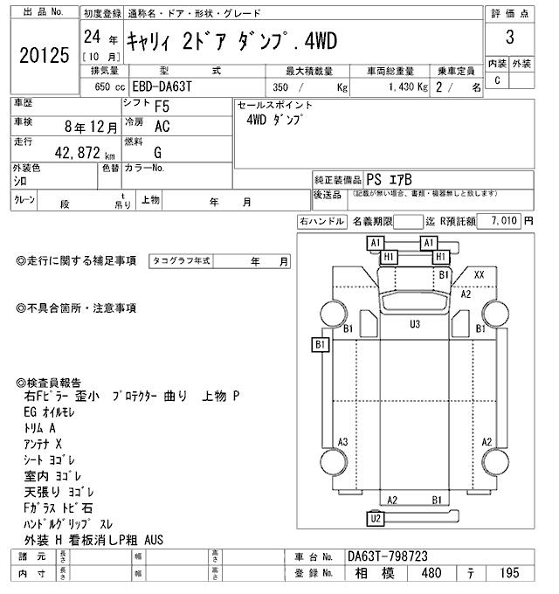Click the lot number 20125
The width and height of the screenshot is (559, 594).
coord(43,54)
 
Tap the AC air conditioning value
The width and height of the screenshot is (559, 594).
coord(162,127)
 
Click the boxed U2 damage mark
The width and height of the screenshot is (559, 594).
coord(376,519)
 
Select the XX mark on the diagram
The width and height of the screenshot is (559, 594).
coord(479,273)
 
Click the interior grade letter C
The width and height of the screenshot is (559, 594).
coord(497,80)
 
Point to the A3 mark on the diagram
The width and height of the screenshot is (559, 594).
coord(343,441)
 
